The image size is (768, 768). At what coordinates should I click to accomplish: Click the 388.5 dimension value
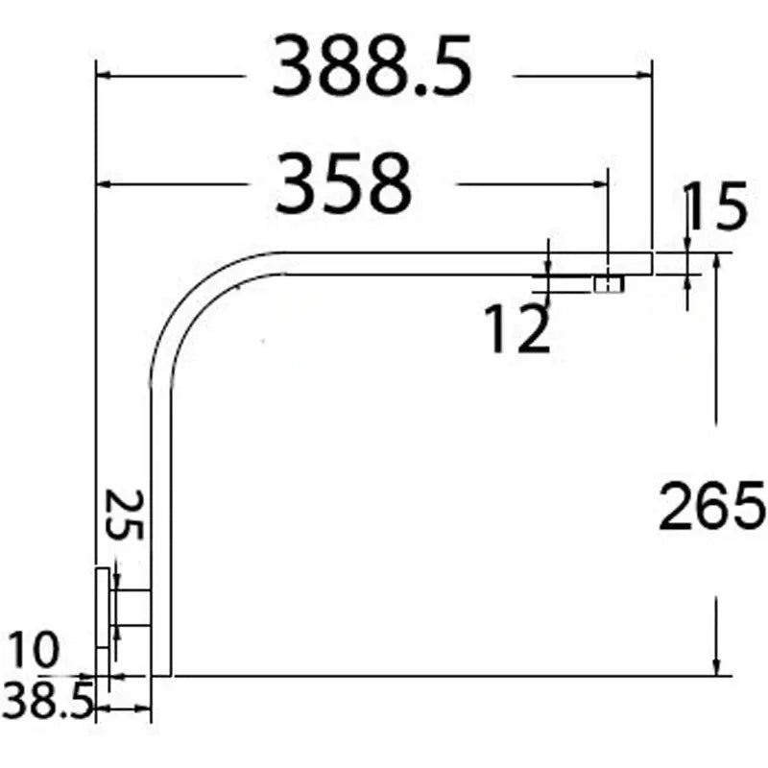[x=372, y=65]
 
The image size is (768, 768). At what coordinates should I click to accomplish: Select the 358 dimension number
[x=343, y=183]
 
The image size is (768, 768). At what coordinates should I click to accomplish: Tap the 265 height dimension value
[x=711, y=506]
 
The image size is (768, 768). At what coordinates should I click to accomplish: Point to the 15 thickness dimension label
[x=717, y=205]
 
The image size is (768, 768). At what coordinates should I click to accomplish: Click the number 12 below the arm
[x=517, y=327]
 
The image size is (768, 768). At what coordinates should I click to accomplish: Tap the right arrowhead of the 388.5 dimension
[x=644, y=76]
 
